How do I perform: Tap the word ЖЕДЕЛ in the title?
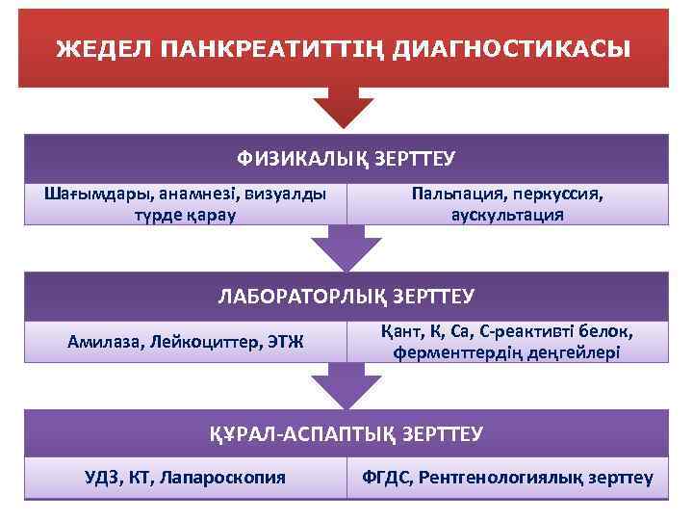pos(95,48)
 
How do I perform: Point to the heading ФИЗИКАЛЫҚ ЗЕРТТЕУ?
pos(346,158)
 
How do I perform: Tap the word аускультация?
pos(507,214)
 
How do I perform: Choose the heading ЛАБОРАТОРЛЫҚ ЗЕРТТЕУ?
pos(346,296)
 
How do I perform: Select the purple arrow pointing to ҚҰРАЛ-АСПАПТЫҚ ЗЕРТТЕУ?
pos(345,385)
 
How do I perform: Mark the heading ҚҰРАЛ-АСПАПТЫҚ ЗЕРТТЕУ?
pos(346,434)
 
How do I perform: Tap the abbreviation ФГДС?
pos(385,477)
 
